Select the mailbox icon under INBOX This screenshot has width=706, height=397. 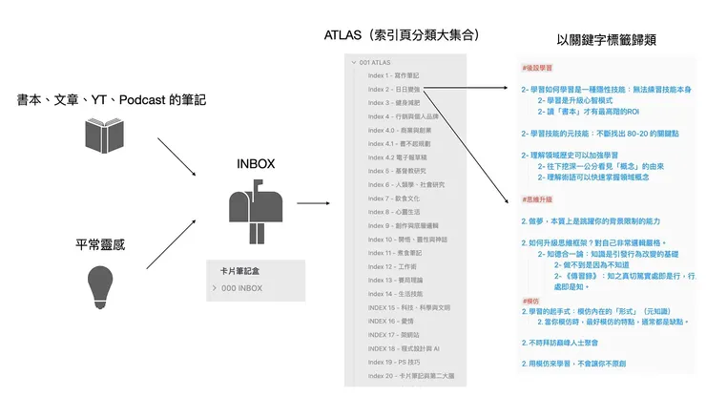point(254,209)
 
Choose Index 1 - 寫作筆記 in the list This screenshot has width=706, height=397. point(393,75)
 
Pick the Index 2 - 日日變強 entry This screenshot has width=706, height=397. point(393,89)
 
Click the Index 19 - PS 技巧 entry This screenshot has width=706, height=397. point(393,364)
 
